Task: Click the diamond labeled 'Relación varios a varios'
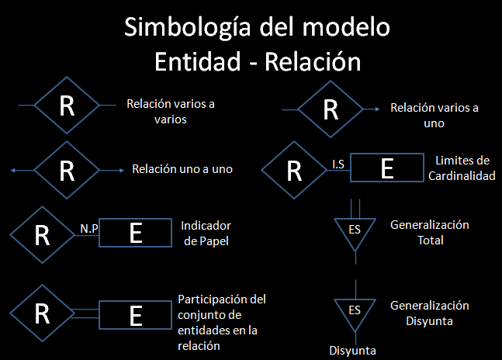tap(68, 106)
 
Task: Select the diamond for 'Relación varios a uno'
tap(331, 109)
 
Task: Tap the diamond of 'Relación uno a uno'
tap(68, 168)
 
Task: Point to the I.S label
tap(338, 164)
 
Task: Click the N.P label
tap(88, 230)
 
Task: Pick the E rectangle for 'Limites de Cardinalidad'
tap(387, 168)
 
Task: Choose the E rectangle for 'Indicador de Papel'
tap(136, 234)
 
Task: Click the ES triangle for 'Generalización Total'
tap(355, 230)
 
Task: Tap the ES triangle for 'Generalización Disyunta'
tap(355, 310)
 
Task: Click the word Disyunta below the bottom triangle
tap(353, 351)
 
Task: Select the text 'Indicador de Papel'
tap(206, 234)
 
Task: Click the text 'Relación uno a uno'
tap(183, 168)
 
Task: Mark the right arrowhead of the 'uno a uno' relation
tap(123, 168)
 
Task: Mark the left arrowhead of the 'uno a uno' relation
tap(9, 168)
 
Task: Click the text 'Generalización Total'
tap(429, 232)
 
